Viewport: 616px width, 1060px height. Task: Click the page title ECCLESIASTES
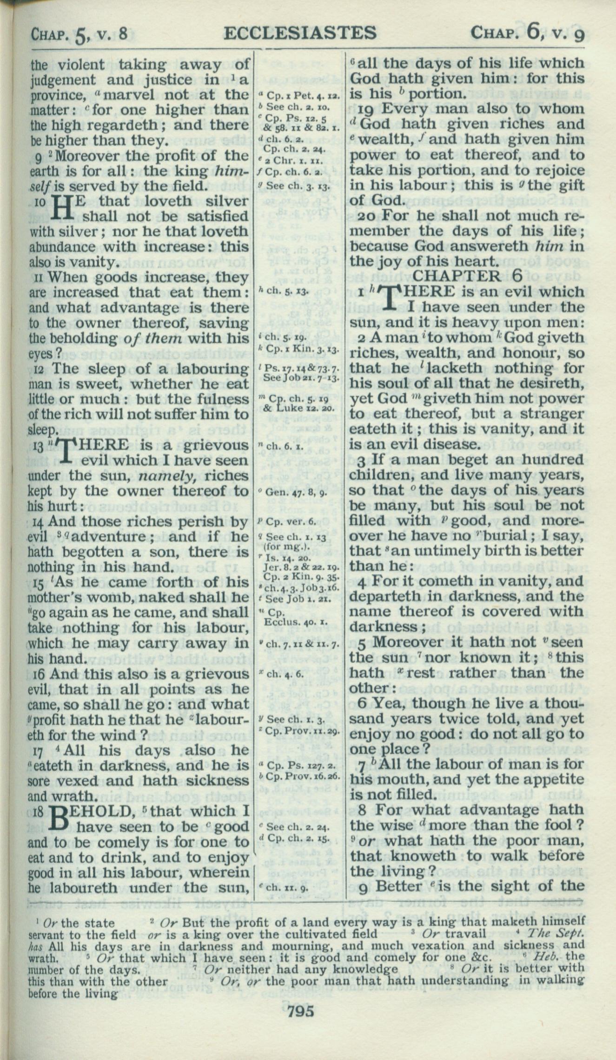pos(299,33)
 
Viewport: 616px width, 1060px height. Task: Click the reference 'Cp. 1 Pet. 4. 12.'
pos(299,97)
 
